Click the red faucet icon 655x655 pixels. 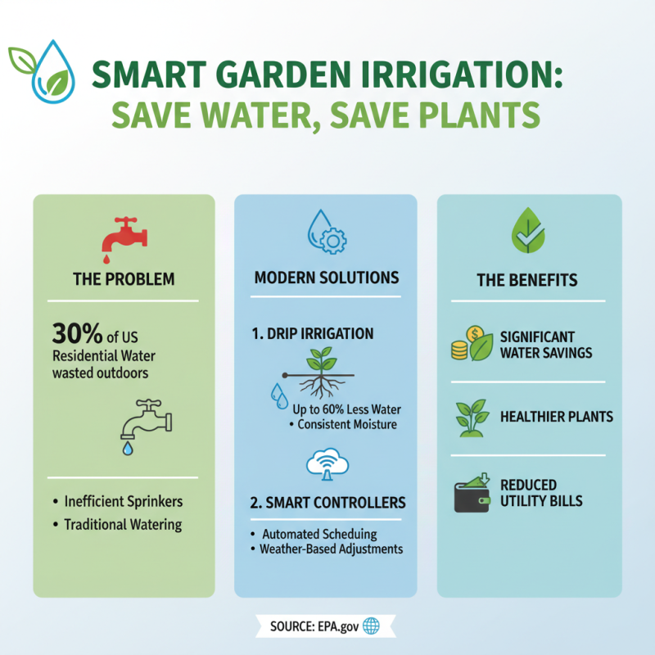point(124,234)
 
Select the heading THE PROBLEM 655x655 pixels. point(124,279)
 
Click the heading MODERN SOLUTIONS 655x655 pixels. point(327,277)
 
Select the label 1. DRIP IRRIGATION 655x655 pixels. point(313,333)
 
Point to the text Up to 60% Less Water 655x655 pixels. point(350,409)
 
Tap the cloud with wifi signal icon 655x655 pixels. point(327,464)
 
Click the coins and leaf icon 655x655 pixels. point(470,345)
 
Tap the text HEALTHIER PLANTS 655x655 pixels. point(556,417)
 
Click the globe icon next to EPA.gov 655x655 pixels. point(371,626)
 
